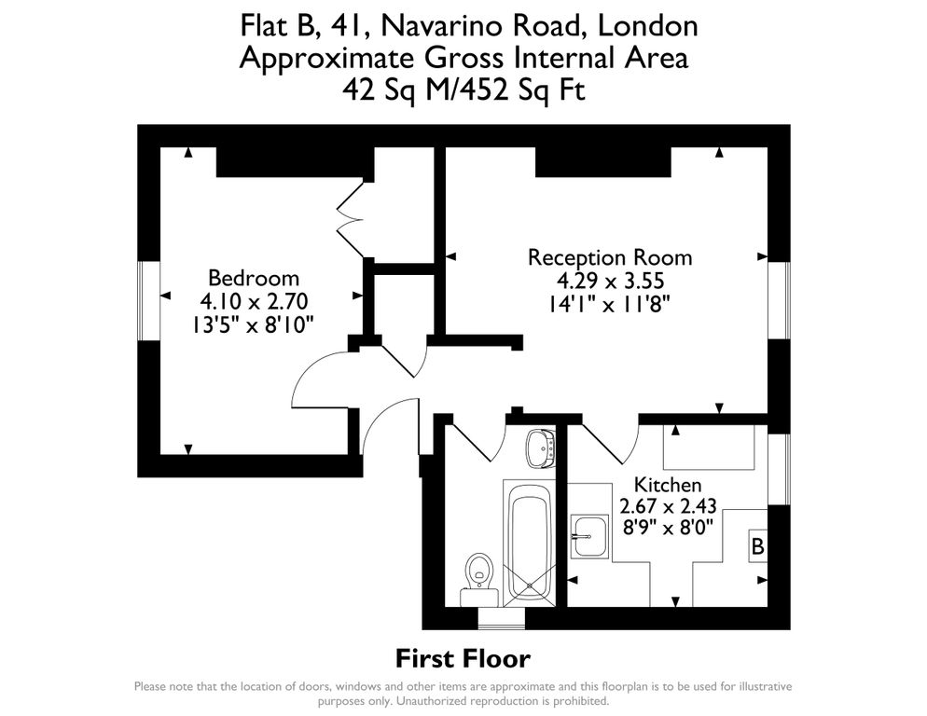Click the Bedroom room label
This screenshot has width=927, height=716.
tap(254, 278)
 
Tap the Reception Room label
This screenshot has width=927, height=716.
tap(610, 257)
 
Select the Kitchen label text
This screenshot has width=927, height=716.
tap(668, 485)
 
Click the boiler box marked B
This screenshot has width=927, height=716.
tap(758, 546)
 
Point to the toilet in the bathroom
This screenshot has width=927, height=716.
tap(479, 570)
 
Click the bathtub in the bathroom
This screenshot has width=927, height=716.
tap(528, 541)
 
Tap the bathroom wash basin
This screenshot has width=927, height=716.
tap(539, 447)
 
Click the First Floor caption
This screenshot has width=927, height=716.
tap(463, 659)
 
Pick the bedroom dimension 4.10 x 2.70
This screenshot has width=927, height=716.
tap(254, 301)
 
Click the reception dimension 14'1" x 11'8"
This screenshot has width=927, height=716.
tap(610, 303)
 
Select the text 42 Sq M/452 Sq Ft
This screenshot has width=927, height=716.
tap(463, 90)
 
